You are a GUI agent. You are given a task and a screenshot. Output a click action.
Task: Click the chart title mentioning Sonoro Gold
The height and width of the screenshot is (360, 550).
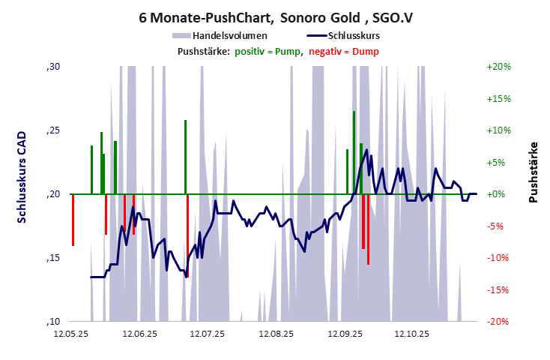275,16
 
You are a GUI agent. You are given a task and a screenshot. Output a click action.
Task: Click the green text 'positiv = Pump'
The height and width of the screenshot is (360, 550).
268,51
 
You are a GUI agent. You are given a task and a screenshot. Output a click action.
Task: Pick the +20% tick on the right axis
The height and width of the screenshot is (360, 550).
498,67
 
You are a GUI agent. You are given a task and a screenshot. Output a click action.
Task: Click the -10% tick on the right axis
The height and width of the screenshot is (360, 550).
498,258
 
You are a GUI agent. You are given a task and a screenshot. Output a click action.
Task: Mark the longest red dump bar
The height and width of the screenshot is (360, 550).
368,229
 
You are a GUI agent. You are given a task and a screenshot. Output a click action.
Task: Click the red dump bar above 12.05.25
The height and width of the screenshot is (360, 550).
73,220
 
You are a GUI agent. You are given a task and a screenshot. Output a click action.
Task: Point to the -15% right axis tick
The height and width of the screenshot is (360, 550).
498,290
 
